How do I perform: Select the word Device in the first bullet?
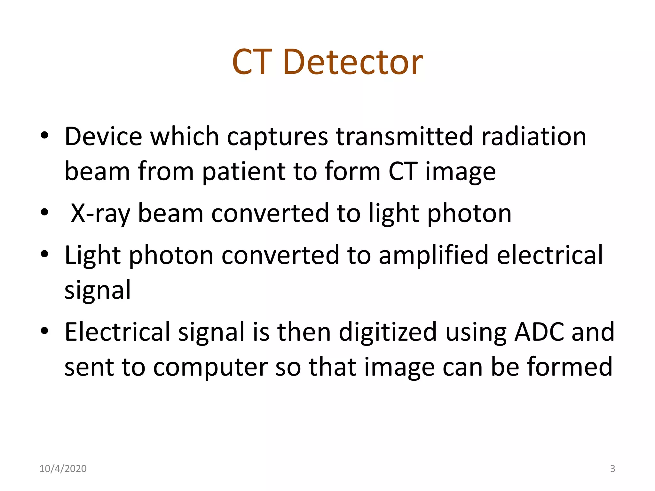click(103, 136)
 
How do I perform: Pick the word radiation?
click(533, 136)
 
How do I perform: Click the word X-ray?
click(100, 214)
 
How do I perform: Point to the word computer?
click(210, 367)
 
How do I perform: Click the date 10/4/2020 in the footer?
click(63, 469)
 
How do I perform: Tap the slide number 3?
click(612, 469)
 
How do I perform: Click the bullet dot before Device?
click(44, 136)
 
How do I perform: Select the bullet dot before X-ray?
click(44, 212)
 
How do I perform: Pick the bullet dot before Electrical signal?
click(44, 331)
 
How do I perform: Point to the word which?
click(185, 136)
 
